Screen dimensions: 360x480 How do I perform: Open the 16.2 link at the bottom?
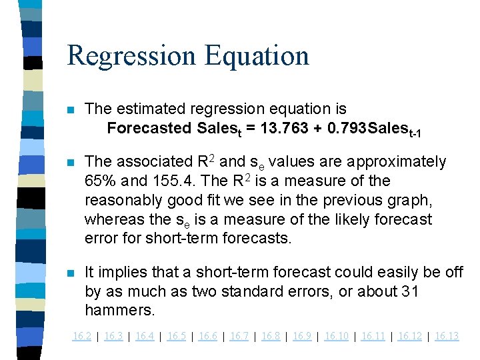[81, 336]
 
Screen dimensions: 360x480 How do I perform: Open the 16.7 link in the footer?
[239, 336]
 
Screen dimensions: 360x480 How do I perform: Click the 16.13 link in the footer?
[447, 336]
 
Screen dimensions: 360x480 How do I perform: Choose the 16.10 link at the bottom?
[336, 336]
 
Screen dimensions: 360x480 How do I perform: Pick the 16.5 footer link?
[176, 336]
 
